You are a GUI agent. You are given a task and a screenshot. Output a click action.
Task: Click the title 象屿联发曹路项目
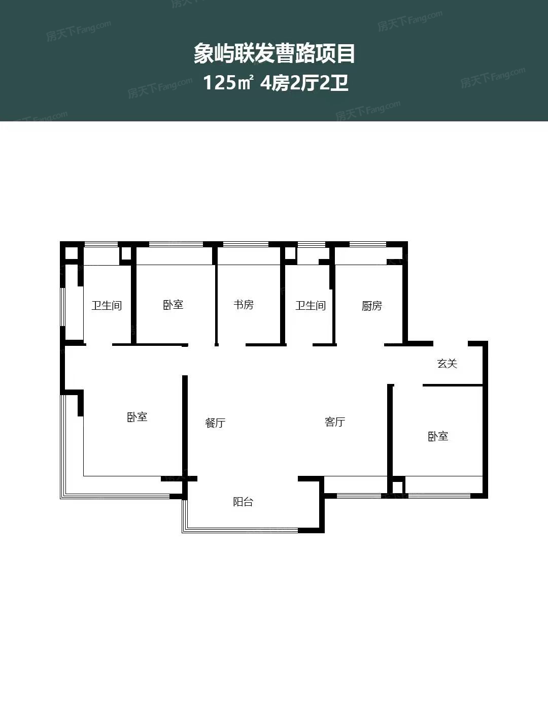pyautogui.click(x=274, y=54)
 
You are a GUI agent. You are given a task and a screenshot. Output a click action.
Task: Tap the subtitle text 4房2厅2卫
pyautogui.click(x=304, y=83)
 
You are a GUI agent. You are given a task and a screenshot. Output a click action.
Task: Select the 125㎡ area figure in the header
pyautogui.click(x=228, y=82)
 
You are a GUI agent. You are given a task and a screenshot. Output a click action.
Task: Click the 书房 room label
pyautogui.click(x=244, y=305)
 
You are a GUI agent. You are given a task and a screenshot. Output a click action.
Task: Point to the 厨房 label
pyautogui.click(x=371, y=306)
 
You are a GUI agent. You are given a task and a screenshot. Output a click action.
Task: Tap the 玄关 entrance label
pyautogui.click(x=447, y=364)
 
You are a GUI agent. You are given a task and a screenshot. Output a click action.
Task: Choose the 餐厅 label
pyautogui.click(x=215, y=423)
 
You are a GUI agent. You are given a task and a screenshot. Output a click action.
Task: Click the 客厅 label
pyautogui.click(x=335, y=422)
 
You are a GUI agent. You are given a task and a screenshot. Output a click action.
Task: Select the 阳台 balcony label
pyautogui.click(x=243, y=502)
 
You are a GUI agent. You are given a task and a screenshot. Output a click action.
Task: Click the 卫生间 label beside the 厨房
pyautogui.click(x=311, y=306)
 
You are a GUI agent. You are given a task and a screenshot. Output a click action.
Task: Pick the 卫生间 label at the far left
pyautogui.click(x=107, y=306)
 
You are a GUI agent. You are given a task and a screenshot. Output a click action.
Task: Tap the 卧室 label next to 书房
pyautogui.click(x=173, y=305)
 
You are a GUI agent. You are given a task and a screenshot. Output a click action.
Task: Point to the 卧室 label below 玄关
pyautogui.click(x=438, y=436)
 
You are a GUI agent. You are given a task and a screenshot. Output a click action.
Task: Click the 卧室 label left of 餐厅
pyautogui.click(x=137, y=417)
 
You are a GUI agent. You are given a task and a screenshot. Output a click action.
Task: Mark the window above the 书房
pyautogui.click(x=246, y=244)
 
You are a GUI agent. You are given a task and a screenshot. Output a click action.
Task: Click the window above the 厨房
pyautogui.click(x=368, y=244)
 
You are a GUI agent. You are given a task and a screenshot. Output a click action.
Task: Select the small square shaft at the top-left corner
pyautogui.click(x=72, y=253)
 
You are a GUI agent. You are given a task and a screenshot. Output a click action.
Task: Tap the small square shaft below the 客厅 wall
pyautogui.click(x=398, y=487)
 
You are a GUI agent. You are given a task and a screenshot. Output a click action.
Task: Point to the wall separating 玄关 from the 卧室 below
pyautogui.click(x=453, y=385)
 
